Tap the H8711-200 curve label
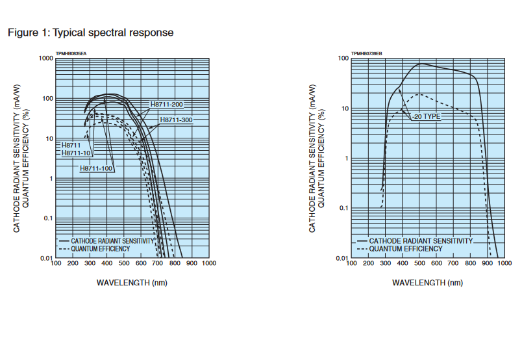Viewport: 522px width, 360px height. click(167, 105)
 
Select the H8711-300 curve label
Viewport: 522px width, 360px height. click(177, 120)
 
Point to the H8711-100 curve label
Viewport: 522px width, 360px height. click(97, 168)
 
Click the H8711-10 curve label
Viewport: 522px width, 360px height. click(77, 153)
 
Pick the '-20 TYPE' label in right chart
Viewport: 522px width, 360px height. click(426, 116)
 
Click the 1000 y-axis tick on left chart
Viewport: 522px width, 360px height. click(45, 58)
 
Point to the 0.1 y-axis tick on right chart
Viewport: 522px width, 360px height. click(343, 209)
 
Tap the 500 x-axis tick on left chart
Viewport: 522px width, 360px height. click(124, 264)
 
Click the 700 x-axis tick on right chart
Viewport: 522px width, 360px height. click(453, 264)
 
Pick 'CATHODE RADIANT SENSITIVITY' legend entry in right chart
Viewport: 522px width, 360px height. click(421, 240)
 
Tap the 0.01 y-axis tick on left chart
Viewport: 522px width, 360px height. click(45, 259)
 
